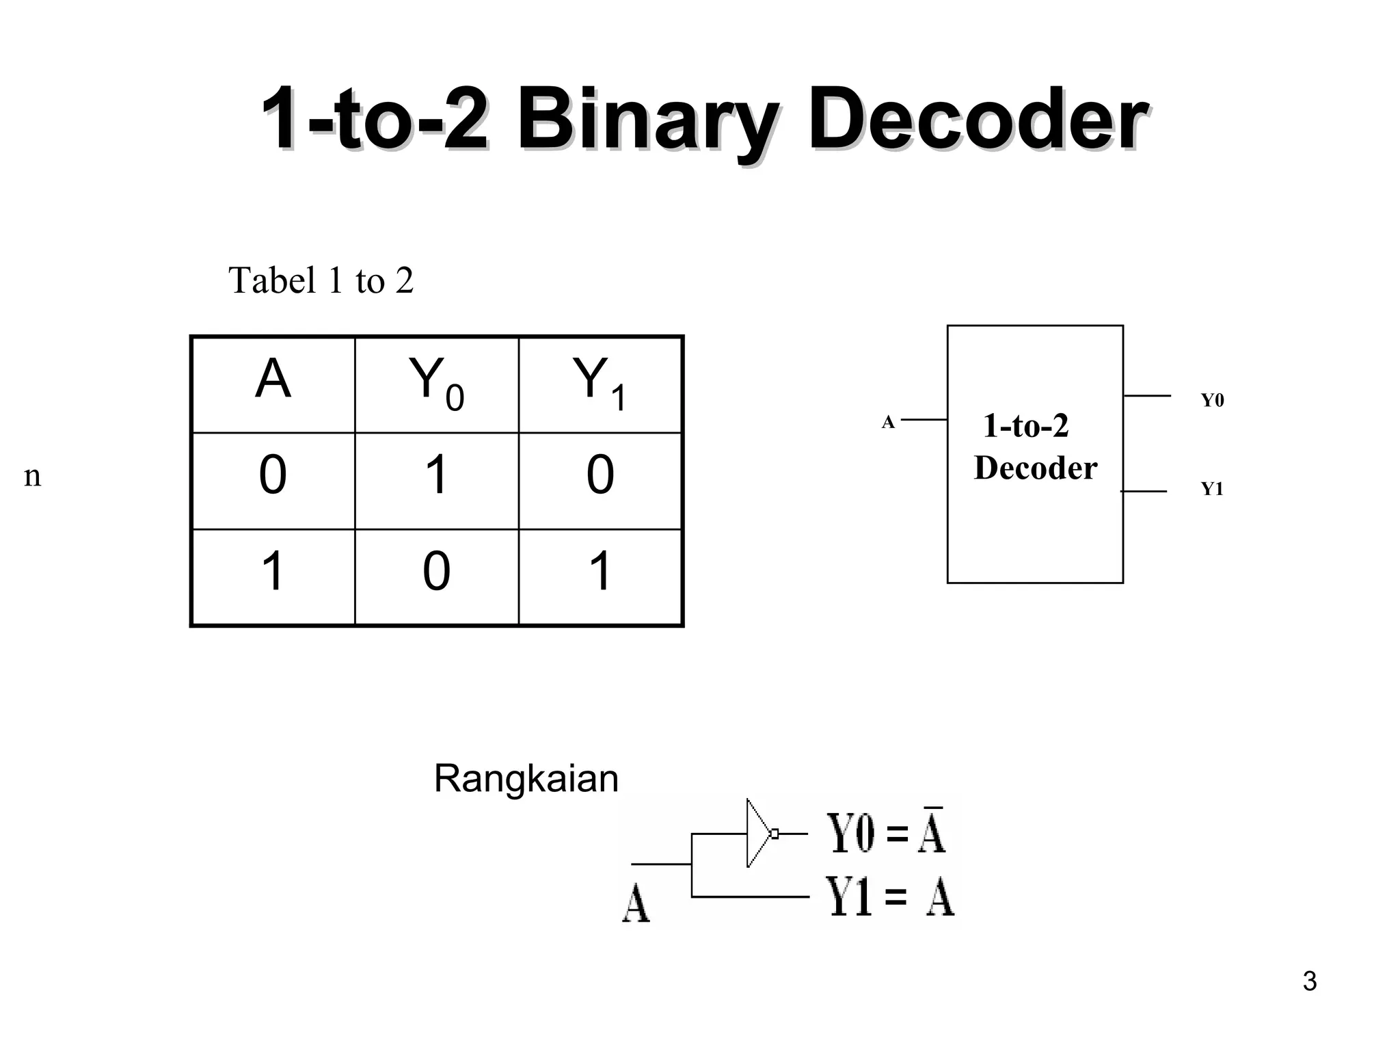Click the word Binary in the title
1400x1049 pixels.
coord(645,122)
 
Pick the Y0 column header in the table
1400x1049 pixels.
coord(436,383)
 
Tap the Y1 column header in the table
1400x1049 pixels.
coord(600,383)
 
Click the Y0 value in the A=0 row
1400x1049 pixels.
coord(436,475)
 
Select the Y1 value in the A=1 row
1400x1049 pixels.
coord(600,572)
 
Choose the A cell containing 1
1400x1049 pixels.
coord(273,572)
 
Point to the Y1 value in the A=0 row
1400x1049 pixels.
coord(600,475)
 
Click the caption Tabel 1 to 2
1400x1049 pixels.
coord(321,280)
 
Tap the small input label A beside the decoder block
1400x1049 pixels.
coord(887,422)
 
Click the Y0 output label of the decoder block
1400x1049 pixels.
coord(1212,400)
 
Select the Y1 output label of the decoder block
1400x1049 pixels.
coord(1212,489)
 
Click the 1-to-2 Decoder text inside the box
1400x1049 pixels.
coord(1034,447)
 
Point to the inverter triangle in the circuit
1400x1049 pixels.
coord(758,833)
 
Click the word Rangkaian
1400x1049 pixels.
coord(526,779)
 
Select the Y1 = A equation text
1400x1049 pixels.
coord(889,897)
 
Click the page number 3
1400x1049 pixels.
coord(1309,981)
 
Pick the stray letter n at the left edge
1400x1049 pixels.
coord(32,476)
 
